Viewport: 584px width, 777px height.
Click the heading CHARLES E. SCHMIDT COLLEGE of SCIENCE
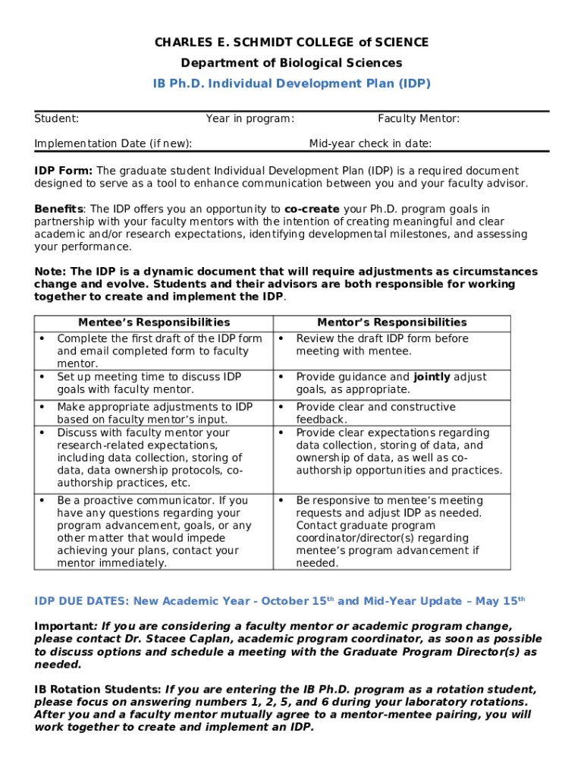click(291, 42)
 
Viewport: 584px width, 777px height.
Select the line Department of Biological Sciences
click(291, 63)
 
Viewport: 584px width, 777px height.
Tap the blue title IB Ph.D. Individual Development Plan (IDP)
click(291, 83)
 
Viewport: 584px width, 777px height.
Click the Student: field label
click(57, 118)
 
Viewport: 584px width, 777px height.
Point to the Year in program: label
click(250, 118)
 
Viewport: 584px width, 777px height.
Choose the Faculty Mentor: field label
click(419, 118)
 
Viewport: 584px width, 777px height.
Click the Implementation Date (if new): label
click(113, 143)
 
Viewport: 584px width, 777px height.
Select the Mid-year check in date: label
click(370, 143)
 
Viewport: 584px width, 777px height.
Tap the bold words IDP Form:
click(64, 171)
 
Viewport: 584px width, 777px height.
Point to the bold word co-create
click(312, 209)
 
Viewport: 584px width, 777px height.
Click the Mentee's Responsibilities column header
click(154, 322)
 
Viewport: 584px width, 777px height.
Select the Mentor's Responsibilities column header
click(392, 322)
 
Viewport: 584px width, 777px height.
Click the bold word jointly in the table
click(433, 377)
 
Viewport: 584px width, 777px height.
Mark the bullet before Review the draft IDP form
click(281, 338)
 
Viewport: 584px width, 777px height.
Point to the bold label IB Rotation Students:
click(98, 689)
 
